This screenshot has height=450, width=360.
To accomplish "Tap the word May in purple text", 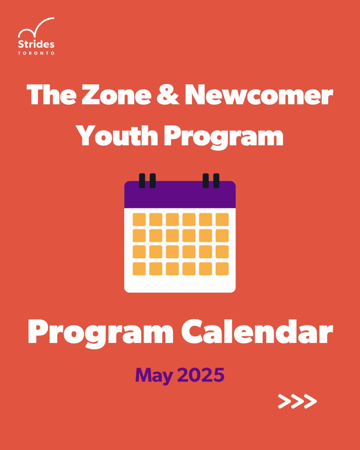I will [x=151, y=375].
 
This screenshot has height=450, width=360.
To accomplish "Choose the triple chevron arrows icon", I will [x=297, y=401].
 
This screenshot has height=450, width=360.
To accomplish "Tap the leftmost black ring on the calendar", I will [x=142, y=180].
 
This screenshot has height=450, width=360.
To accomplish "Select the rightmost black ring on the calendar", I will [x=216, y=180].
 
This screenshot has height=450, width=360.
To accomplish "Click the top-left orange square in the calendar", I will [x=139, y=219].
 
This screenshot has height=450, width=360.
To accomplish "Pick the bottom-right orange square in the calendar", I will [x=222, y=268].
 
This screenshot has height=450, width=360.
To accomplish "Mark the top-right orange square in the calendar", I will [x=222, y=219].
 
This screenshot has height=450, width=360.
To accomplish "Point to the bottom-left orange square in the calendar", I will [x=139, y=268].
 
